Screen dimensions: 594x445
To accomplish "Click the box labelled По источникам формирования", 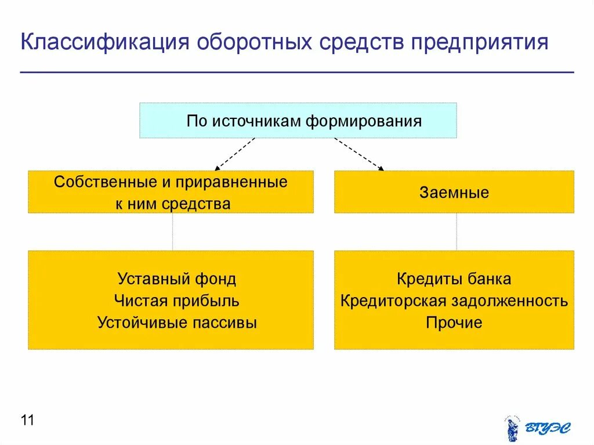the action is tap(298, 121).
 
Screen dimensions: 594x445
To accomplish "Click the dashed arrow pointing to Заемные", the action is tap(359, 154).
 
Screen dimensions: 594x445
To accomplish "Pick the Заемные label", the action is tap(454, 193).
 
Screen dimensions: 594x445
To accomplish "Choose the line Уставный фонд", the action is tap(177, 279).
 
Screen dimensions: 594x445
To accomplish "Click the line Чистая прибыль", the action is tap(177, 301).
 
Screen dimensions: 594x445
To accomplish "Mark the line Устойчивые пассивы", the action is tap(177, 323).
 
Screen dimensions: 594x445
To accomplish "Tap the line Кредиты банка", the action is tap(454, 279).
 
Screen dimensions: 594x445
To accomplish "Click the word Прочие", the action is tap(454, 323).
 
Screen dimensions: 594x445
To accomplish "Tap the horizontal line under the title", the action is tap(297, 73).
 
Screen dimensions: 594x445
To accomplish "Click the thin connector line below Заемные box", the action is tap(456, 231).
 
